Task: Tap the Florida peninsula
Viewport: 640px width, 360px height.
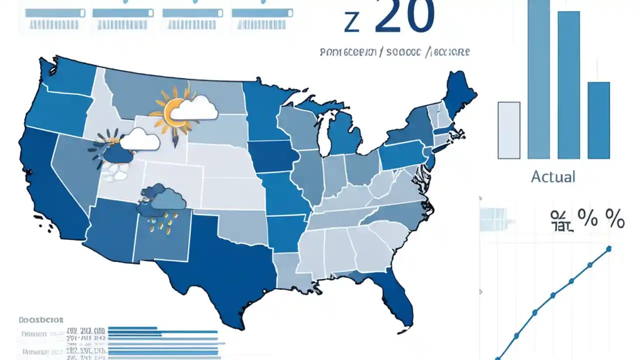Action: (x=397, y=300)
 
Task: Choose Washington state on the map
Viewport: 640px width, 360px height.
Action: (x=70, y=75)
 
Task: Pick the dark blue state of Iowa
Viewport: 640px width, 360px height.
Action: (x=272, y=155)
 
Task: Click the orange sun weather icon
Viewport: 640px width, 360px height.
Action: (x=172, y=110)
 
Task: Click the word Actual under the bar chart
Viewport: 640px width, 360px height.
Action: (x=553, y=176)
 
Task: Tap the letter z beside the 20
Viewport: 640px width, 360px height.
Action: (x=352, y=22)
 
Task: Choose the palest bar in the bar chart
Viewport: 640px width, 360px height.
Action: (x=509, y=130)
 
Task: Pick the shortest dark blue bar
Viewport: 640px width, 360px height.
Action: (x=598, y=120)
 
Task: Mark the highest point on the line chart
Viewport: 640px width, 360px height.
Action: (x=609, y=248)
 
